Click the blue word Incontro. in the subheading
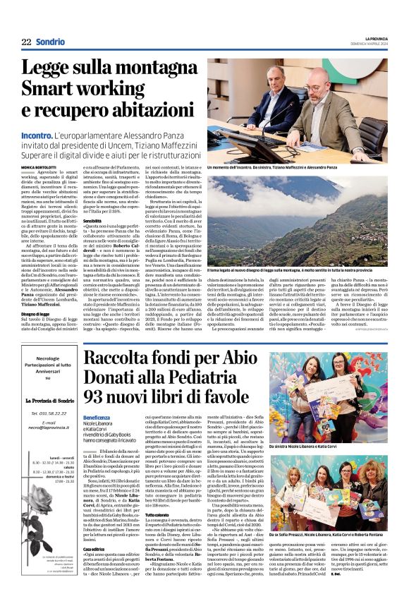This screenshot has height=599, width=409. (x=41, y=135)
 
